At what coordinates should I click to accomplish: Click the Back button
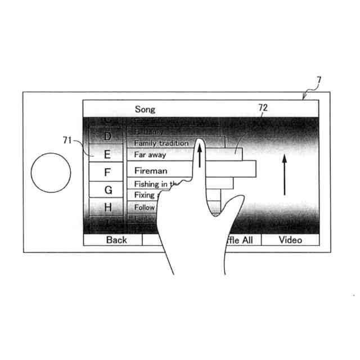click(116, 240)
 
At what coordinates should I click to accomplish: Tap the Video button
click(290, 240)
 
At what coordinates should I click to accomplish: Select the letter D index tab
click(107, 137)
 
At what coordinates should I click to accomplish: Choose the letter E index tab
click(107, 154)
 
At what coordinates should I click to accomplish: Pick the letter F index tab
click(107, 172)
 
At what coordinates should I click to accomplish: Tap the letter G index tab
click(107, 190)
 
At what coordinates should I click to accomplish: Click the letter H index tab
click(107, 208)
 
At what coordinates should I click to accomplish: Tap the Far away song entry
click(150, 155)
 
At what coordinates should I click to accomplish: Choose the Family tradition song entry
click(161, 143)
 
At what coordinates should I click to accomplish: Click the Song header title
click(145, 109)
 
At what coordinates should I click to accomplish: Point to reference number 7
click(319, 80)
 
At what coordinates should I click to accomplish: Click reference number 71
click(67, 141)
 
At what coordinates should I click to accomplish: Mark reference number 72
click(263, 107)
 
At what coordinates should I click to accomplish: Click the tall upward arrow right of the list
click(285, 174)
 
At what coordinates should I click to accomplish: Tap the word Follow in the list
click(144, 208)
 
